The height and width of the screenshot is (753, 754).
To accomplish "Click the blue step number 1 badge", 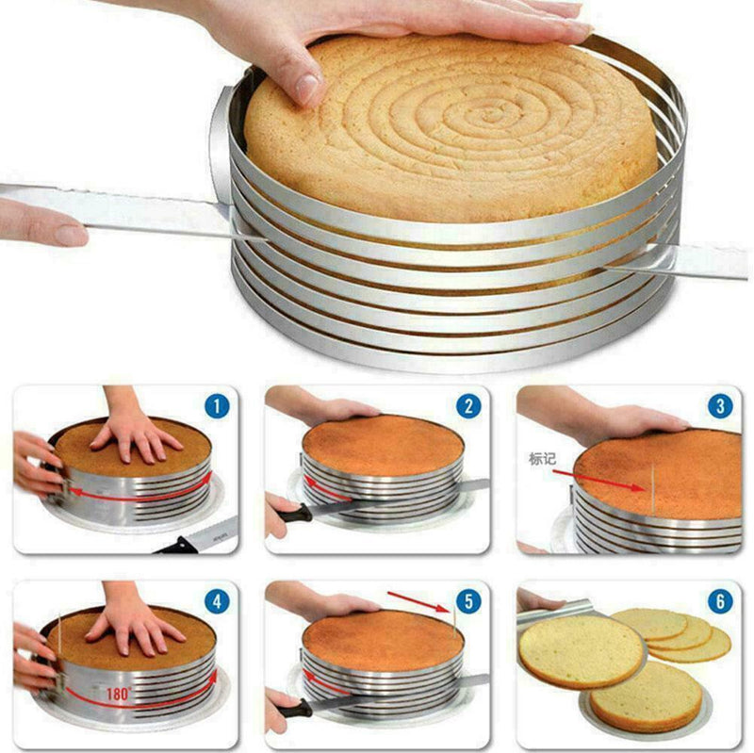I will click(217, 407).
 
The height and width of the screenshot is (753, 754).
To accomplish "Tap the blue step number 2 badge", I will click(468, 407).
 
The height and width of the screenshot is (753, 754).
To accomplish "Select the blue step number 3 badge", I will click(720, 407).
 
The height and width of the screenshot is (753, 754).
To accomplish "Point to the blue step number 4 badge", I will click(217, 601).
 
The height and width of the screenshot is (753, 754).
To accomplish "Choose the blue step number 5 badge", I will click(468, 601).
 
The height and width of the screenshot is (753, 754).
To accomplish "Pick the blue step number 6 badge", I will click(720, 601).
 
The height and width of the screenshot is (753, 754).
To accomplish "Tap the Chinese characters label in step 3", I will click(543, 460).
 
